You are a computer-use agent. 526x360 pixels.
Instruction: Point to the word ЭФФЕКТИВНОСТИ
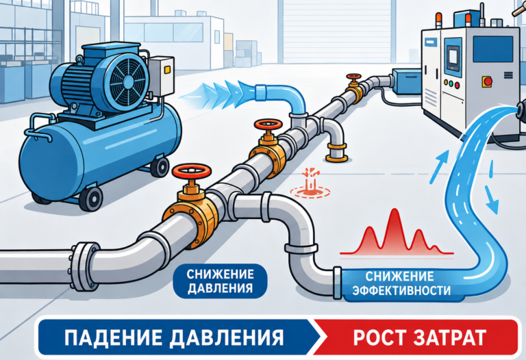click(x=401, y=290)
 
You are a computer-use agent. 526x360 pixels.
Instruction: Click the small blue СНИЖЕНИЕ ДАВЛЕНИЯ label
click(x=220, y=281)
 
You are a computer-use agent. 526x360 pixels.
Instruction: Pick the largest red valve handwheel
click(x=192, y=171)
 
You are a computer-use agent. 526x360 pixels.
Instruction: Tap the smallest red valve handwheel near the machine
click(x=354, y=77)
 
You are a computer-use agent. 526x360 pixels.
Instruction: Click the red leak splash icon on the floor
click(x=310, y=183)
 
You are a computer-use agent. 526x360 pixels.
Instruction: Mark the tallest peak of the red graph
click(x=394, y=210)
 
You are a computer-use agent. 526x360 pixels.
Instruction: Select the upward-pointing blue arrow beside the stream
click(x=440, y=167)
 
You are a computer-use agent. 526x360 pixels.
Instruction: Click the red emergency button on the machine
click(x=488, y=81)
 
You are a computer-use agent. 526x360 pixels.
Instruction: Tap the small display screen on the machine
click(x=453, y=57)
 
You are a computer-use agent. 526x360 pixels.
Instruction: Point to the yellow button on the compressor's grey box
click(x=167, y=69)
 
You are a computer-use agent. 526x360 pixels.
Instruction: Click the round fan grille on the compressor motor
click(x=129, y=82)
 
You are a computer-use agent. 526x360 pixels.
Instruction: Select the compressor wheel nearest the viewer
click(x=91, y=198)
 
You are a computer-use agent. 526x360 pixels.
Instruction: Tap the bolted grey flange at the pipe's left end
click(x=82, y=267)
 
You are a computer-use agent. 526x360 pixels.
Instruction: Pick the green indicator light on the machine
click(x=452, y=83)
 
